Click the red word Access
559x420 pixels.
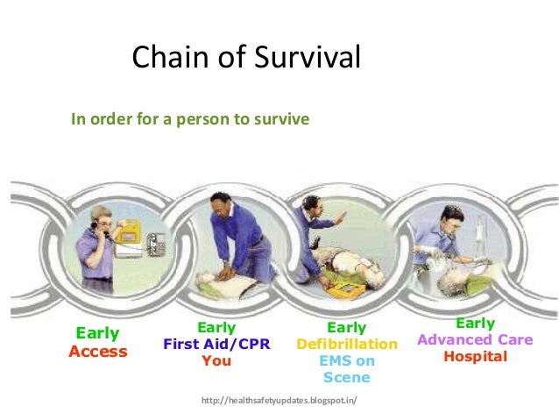coord(98,352)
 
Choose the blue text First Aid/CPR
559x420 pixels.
coord(216,345)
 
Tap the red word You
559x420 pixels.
coord(216,360)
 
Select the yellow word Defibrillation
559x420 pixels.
coord(346,345)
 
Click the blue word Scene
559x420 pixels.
coord(346,378)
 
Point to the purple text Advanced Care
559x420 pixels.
coord(474,340)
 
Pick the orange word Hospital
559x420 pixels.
coord(474,357)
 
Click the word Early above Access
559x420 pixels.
coord(98,334)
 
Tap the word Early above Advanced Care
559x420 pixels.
coord(474,324)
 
